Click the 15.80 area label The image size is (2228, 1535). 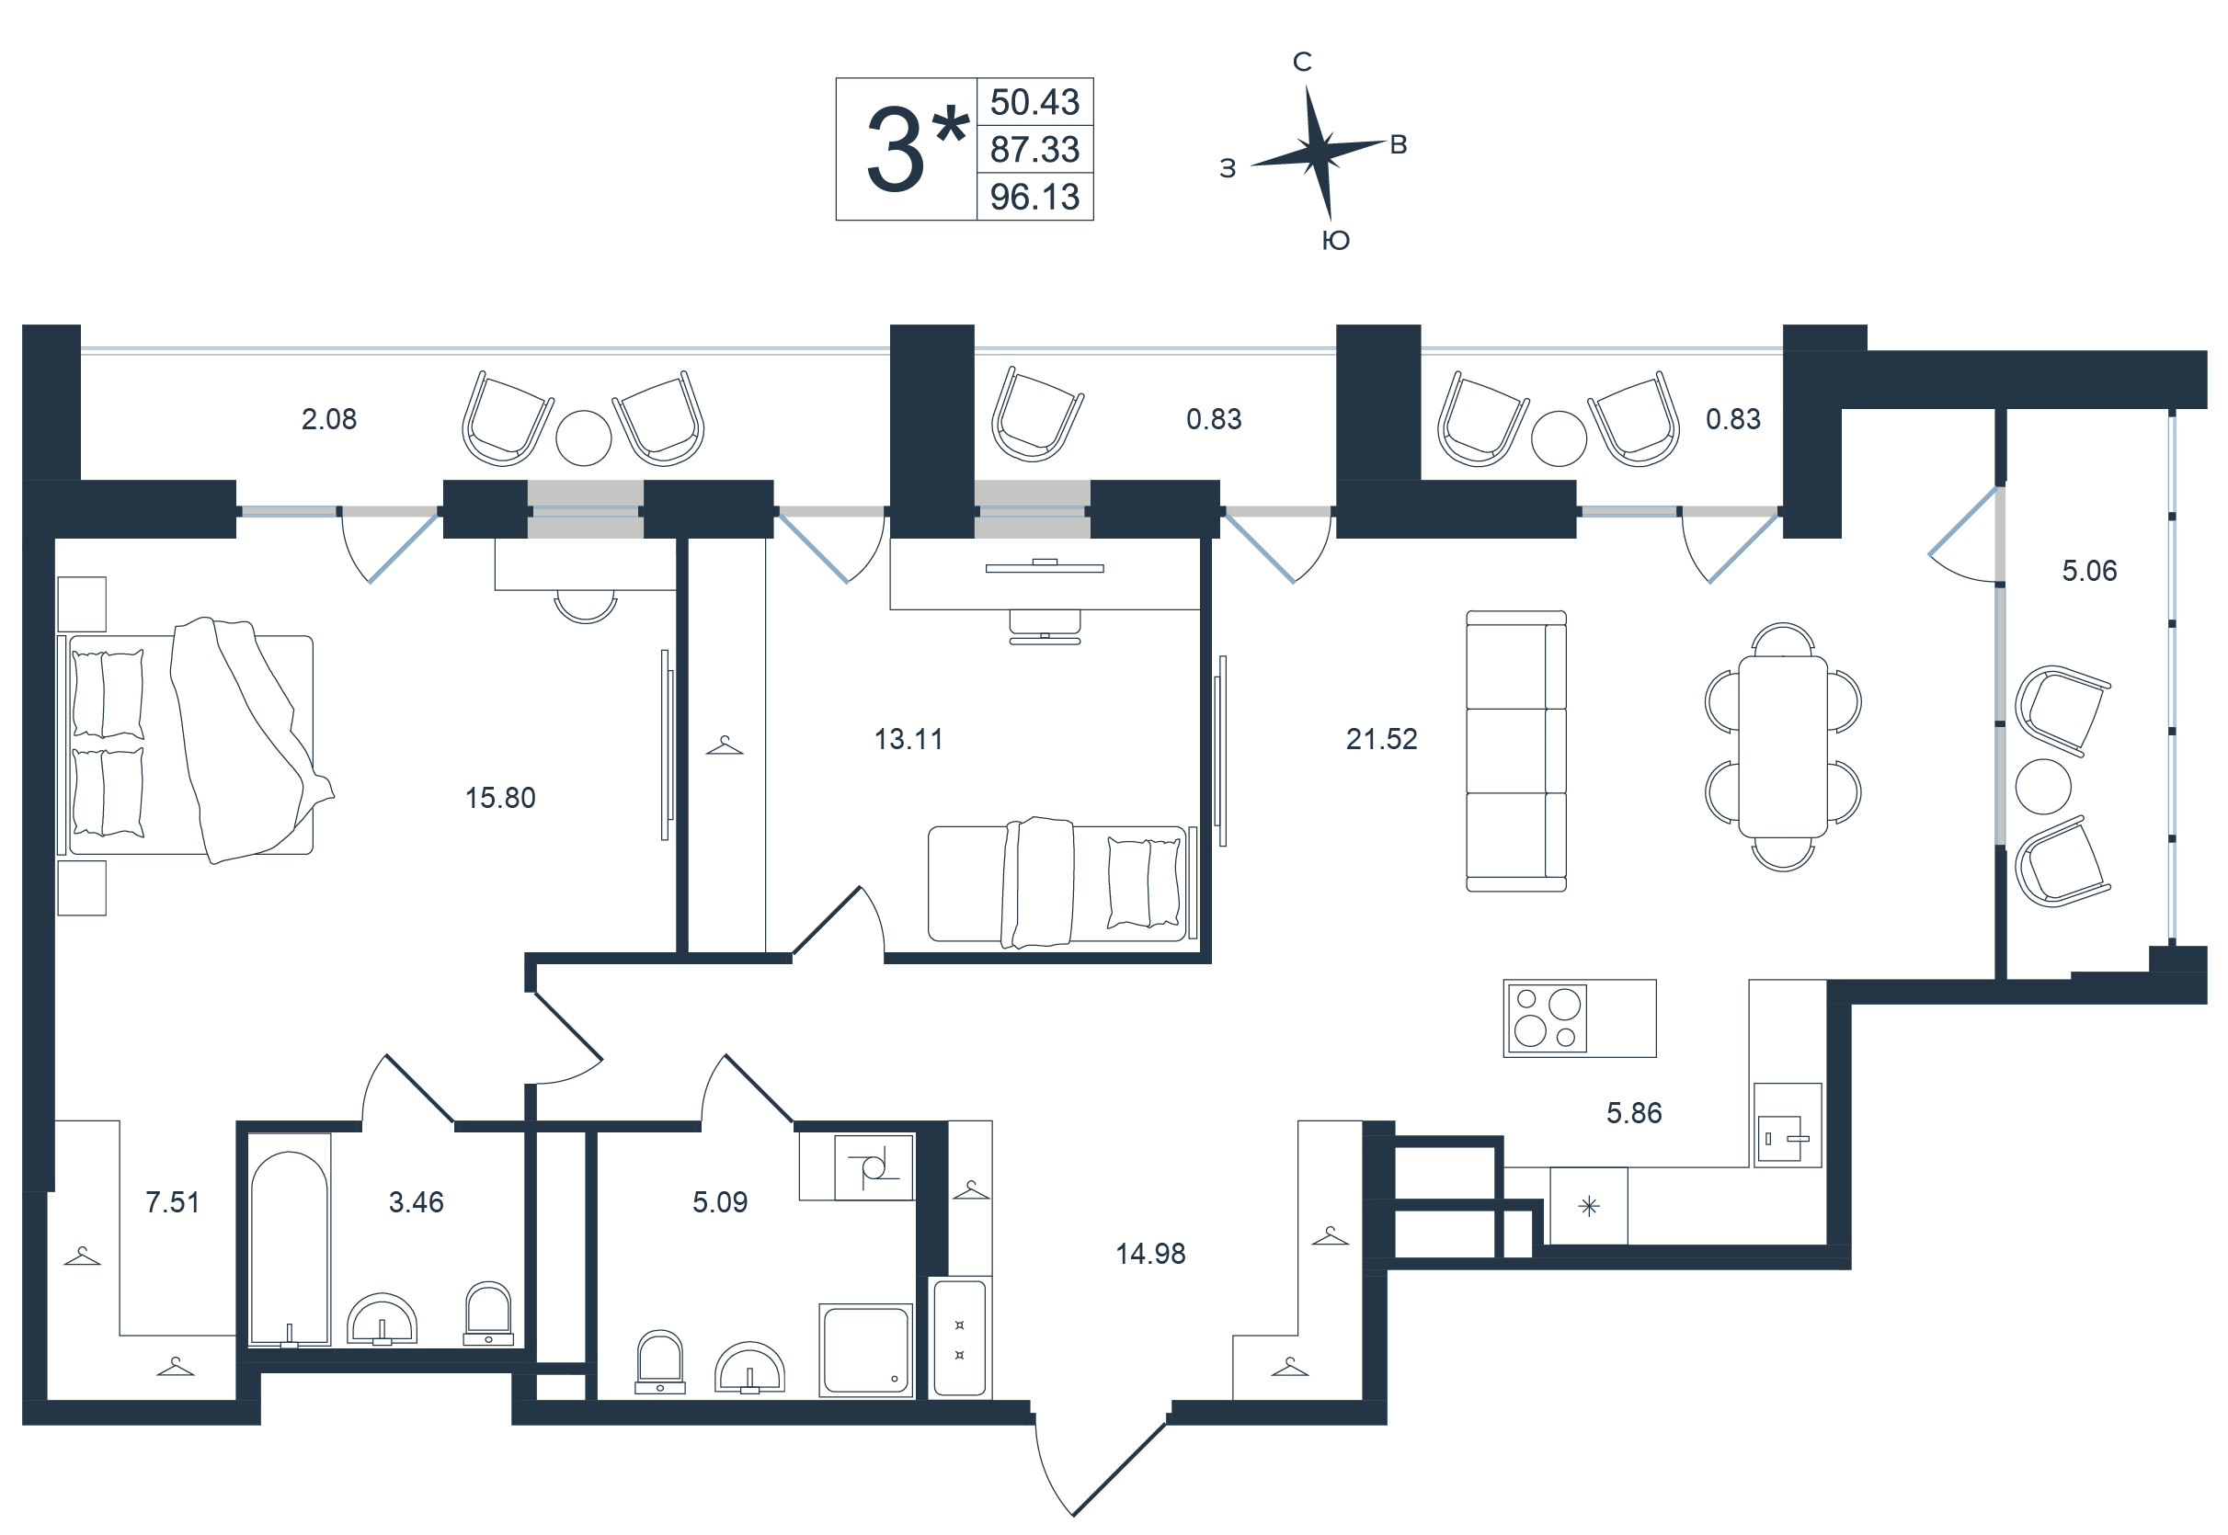pos(500,798)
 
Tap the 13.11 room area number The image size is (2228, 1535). pos(908,740)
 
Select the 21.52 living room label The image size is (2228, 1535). pos(1381,740)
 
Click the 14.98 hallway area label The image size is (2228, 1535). pos(1150,1254)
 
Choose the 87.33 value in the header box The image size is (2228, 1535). pos(1035,150)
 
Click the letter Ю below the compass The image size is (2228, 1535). pos(1336,241)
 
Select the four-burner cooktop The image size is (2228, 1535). pos(1547,1018)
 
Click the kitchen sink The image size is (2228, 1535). pos(1787,1139)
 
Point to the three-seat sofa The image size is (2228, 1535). pos(1516,751)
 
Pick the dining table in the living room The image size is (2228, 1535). pos(1783,747)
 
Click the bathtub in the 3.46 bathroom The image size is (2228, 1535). pos(290,1241)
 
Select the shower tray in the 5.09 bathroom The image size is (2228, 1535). pos(866,1349)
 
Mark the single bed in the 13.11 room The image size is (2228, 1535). pos(1058,883)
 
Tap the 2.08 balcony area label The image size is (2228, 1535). pos(329,419)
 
